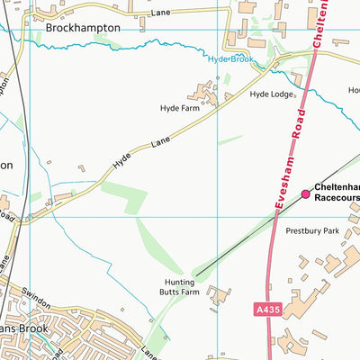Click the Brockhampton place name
pos(82,28)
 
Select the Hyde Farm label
pos(179,108)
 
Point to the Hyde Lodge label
pos(271,94)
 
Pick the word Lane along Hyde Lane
pos(160,142)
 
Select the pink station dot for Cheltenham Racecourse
pos(305,193)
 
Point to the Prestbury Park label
pos(311,231)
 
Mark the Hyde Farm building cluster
pos(203,92)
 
